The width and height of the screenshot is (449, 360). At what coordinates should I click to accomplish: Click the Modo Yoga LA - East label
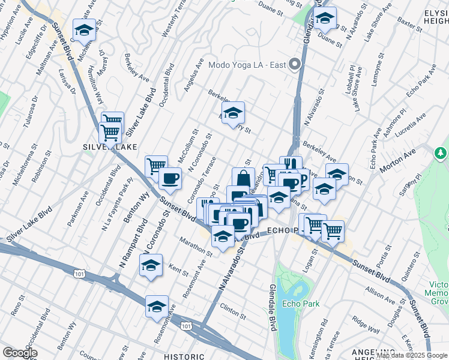click(246, 65)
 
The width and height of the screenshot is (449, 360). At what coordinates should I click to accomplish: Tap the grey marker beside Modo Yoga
click(295, 65)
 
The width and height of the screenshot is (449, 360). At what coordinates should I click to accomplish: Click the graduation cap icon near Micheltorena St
click(85, 31)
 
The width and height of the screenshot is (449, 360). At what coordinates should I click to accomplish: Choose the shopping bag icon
click(243, 179)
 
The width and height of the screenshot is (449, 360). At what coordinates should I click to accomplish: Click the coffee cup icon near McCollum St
click(170, 179)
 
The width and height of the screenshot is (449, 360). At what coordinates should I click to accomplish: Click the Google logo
click(20, 353)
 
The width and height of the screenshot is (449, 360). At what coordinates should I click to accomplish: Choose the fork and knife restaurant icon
click(291, 165)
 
